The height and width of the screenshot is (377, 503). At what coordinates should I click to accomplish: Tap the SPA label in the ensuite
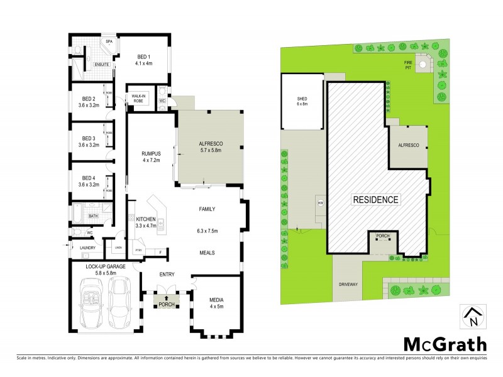point(109,41)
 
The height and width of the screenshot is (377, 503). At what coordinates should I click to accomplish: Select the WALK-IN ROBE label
point(138,98)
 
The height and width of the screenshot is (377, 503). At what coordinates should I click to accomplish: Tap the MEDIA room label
point(216,303)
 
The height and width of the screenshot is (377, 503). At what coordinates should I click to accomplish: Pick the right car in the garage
point(120,302)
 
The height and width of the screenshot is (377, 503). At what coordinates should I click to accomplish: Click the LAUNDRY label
point(87,248)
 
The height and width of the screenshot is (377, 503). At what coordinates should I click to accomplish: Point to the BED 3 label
point(88,141)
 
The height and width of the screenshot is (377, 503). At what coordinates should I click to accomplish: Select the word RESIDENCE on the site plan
point(375,200)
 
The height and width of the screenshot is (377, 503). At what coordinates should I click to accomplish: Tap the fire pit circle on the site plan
point(425,63)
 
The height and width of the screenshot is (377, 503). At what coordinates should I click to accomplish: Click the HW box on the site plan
point(320,202)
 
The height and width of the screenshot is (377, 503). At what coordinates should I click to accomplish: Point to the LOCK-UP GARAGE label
point(105,269)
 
